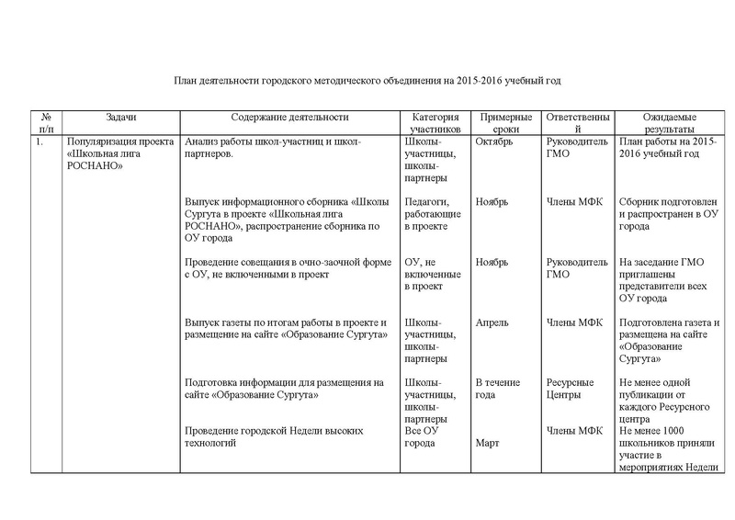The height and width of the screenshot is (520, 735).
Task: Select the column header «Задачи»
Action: click(x=120, y=118)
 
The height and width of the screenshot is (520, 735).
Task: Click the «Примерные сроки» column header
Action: click(x=505, y=124)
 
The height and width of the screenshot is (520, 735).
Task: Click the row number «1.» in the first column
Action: click(x=39, y=143)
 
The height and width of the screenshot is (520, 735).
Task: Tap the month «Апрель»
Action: click(x=493, y=322)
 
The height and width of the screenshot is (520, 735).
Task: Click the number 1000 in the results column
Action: click(x=695, y=430)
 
